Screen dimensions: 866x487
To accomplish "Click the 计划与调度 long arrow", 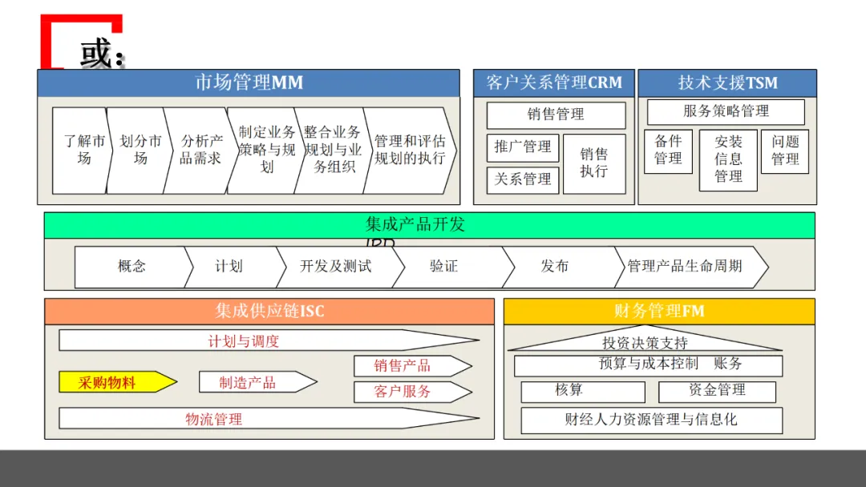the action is click(257, 340).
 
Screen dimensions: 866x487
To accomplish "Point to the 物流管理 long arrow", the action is click(257, 418).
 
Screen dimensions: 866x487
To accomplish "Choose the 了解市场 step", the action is click(83, 150).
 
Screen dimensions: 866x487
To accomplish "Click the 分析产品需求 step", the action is click(200, 150).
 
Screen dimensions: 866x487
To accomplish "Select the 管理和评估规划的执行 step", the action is click(409, 150).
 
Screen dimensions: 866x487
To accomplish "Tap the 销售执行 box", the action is click(594, 163).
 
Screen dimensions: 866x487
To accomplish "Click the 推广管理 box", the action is click(523, 147).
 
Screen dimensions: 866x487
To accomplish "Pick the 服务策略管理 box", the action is click(726, 111).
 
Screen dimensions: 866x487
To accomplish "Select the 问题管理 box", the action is click(785, 151).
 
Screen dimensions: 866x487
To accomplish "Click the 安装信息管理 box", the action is click(728, 159).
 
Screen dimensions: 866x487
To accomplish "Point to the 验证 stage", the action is click(446, 267).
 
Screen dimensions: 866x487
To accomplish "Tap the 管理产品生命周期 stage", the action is click(686, 267).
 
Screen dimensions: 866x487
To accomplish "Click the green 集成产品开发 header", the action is click(429, 225).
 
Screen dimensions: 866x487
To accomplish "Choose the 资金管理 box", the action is click(717, 391).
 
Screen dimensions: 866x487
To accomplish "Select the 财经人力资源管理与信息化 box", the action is click(651, 420).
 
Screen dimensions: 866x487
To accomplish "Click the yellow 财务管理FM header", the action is click(659, 311).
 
